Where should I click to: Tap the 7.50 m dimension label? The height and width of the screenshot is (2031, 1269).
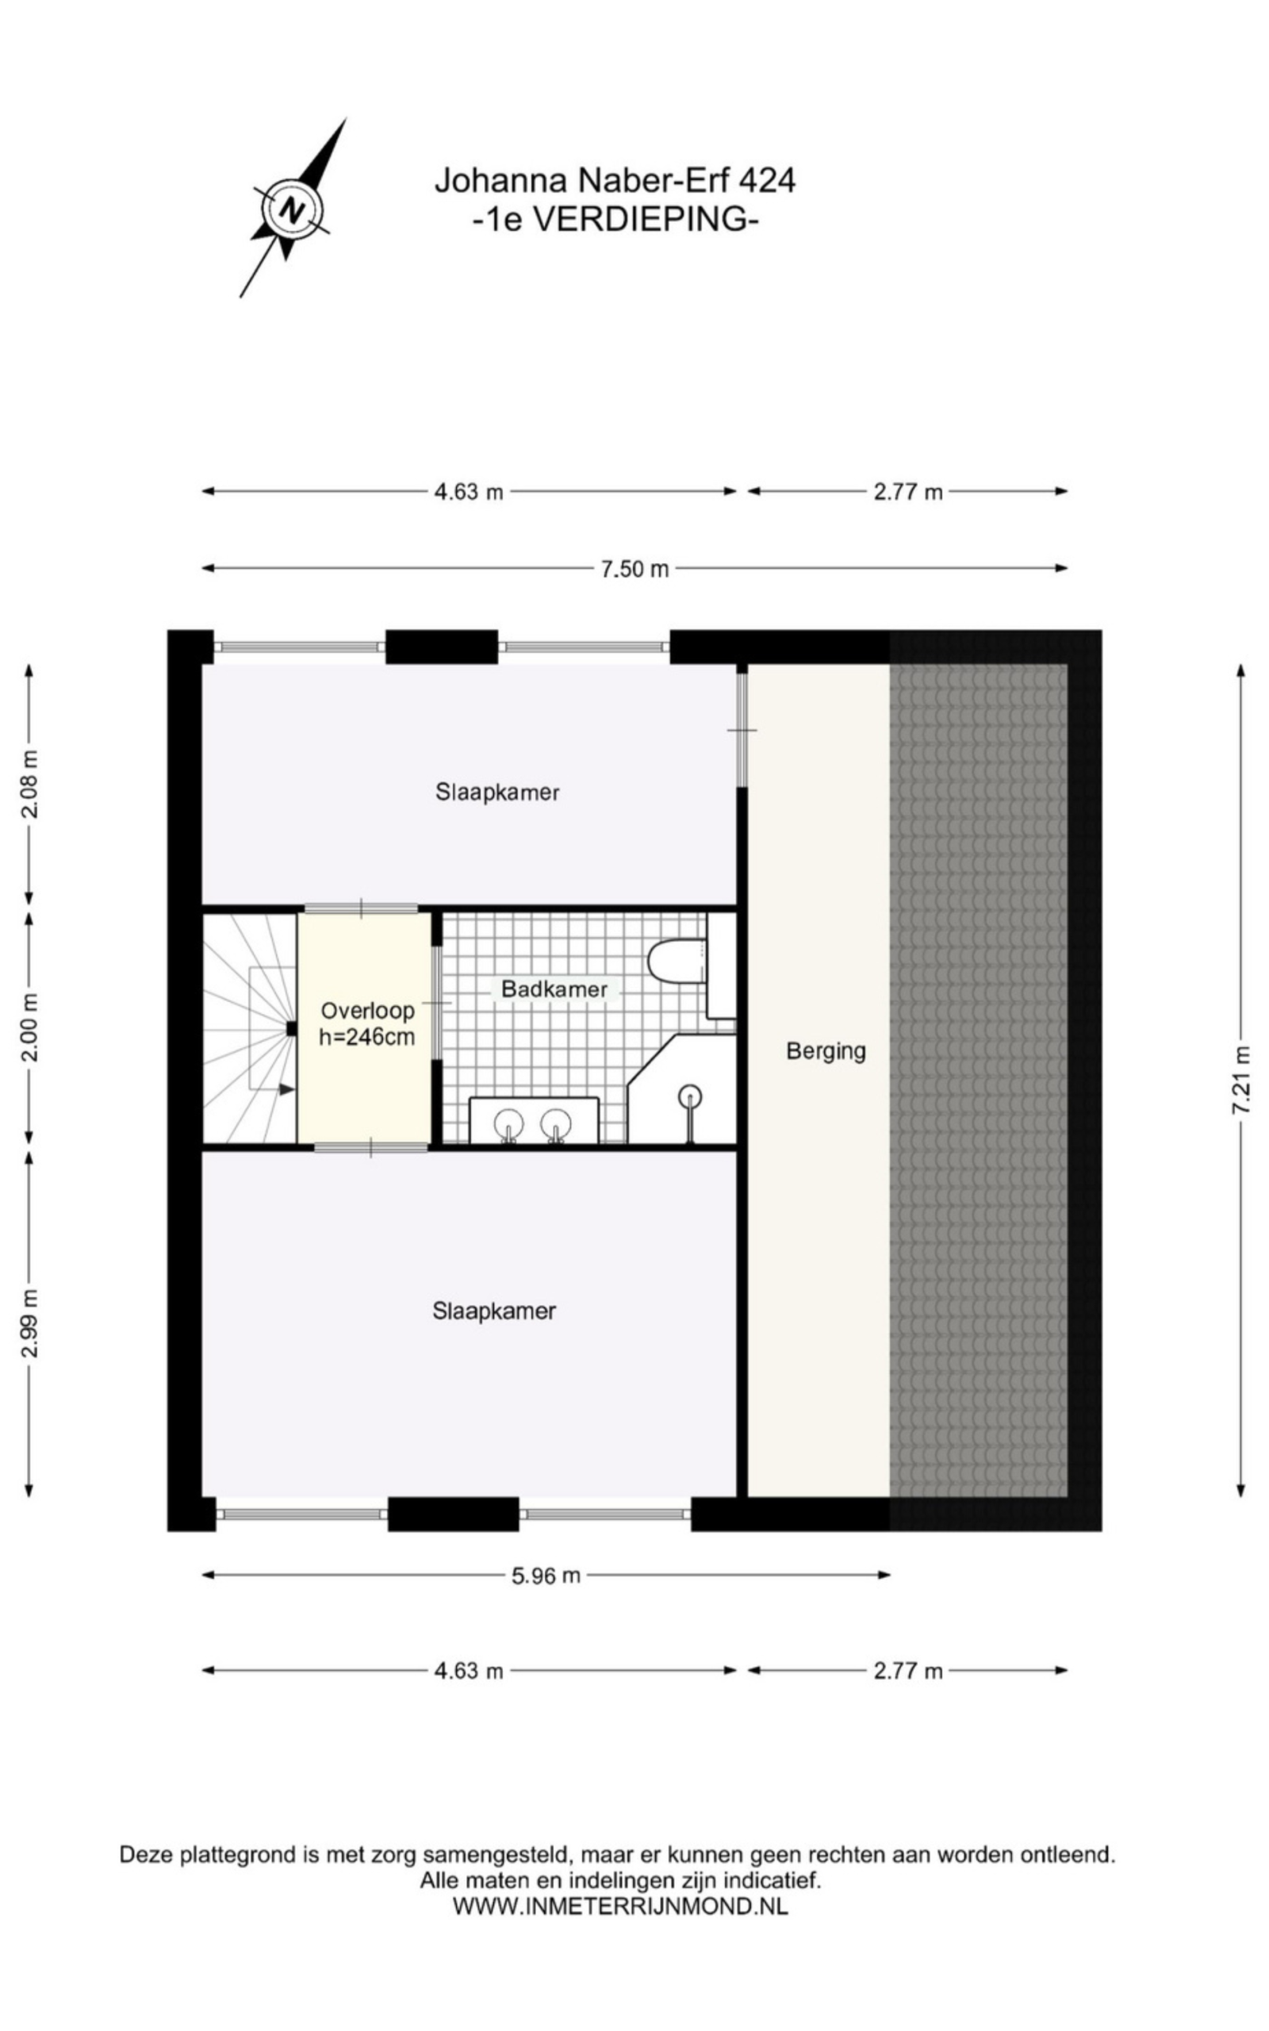click(x=634, y=569)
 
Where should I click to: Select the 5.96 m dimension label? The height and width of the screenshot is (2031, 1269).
click(x=546, y=1576)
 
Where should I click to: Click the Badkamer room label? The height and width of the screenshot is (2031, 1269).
click(x=554, y=989)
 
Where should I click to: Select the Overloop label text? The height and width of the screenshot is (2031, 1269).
click(x=367, y=1011)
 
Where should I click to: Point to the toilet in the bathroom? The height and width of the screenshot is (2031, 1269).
click(x=677, y=960)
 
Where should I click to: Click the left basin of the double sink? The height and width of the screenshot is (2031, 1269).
click(x=508, y=1122)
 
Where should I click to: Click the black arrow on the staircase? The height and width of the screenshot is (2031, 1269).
click(x=287, y=1088)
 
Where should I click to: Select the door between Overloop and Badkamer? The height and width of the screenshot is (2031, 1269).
click(x=436, y=1003)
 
